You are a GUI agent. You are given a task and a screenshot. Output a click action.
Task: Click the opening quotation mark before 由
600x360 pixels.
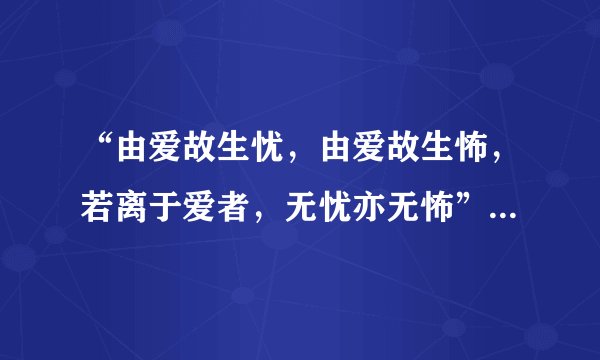click(97, 155)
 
